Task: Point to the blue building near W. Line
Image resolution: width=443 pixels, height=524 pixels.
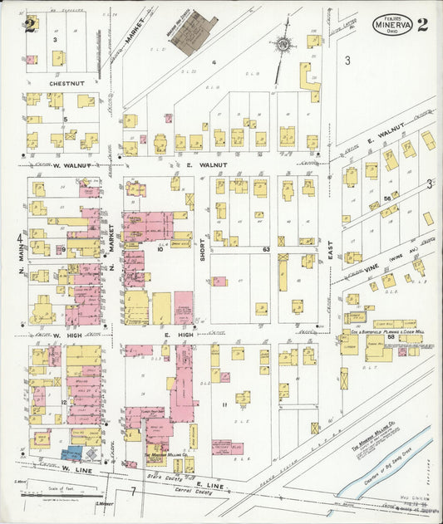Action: pyautogui.click(x=73, y=453)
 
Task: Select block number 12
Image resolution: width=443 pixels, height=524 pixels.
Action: pyautogui.click(x=63, y=402)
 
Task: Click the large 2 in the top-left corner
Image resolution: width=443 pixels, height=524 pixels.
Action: pyautogui.click(x=30, y=23)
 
